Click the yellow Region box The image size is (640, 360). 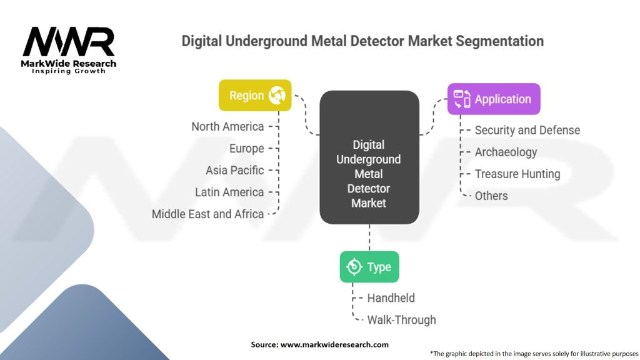click(x=255, y=96)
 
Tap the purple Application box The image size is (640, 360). click(x=494, y=99)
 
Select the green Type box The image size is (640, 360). click(x=369, y=267)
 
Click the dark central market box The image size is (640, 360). click(x=369, y=157)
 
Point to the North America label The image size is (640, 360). click(x=227, y=126)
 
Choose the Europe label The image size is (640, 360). click(x=246, y=149)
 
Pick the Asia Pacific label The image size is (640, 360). click(x=235, y=170)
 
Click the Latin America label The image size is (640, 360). click(x=229, y=192)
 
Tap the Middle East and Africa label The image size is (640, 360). click(x=207, y=214)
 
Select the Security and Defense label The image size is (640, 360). click(x=527, y=130)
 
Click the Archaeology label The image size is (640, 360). click(x=506, y=152)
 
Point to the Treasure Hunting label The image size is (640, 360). click(x=517, y=174)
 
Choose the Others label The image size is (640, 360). click(x=491, y=196)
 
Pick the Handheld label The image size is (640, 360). click(x=391, y=298)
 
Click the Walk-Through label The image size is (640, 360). click(x=402, y=320)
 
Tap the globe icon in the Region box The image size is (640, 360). click(x=277, y=96)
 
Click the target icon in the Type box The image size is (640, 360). click(x=354, y=267)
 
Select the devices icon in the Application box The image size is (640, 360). click(x=462, y=99)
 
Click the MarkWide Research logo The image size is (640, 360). click(x=69, y=50)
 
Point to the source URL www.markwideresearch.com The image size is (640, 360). click(x=334, y=344)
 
